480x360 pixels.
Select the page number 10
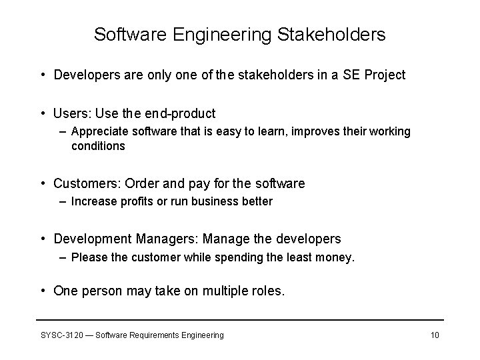pyautogui.click(x=435, y=335)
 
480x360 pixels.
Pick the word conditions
pyautogui.click(x=98, y=145)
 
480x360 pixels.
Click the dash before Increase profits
pyautogui.click(x=63, y=201)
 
